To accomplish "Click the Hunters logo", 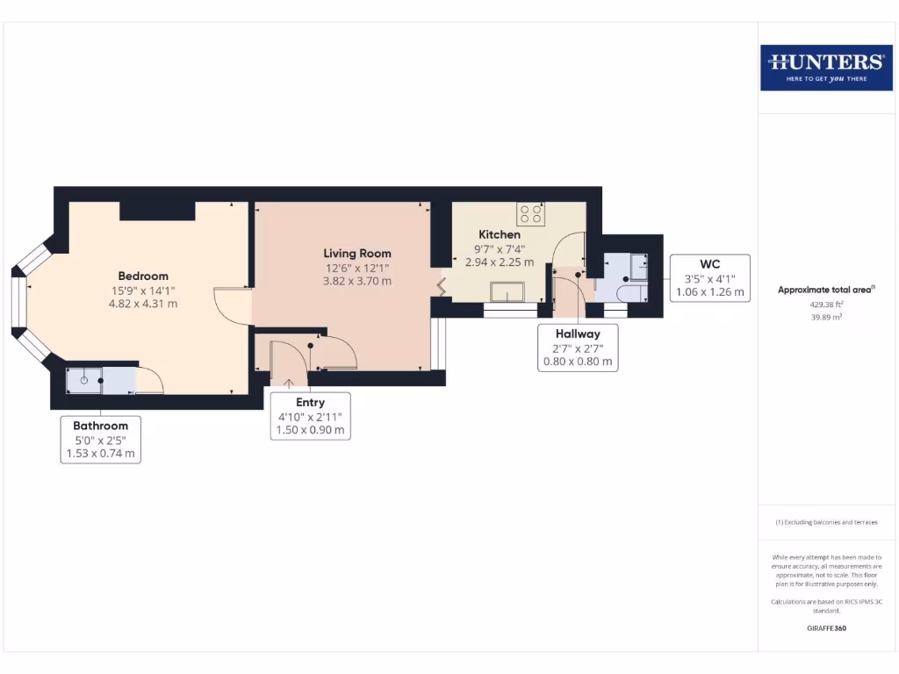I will (x=825, y=67).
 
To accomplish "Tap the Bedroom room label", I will (x=143, y=276).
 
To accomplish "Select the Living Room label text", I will (x=357, y=254).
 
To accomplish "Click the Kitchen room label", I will (x=499, y=234).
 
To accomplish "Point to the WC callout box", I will (x=709, y=277).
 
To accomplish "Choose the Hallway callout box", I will (x=577, y=348).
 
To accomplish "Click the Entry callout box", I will (x=310, y=416).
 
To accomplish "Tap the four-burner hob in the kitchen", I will (x=530, y=212).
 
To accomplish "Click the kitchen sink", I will (x=507, y=291).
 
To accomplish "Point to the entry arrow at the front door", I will (x=290, y=383).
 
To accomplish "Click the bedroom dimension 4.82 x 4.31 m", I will (x=143, y=304).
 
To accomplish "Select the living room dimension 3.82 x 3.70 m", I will (x=357, y=282).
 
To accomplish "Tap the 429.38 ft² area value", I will (x=825, y=305).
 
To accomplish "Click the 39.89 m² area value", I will (x=825, y=318).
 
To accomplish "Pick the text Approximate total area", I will (x=825, y=290).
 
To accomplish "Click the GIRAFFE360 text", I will (x=825, y=628).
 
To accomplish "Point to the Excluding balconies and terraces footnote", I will (x=825, y=522).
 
